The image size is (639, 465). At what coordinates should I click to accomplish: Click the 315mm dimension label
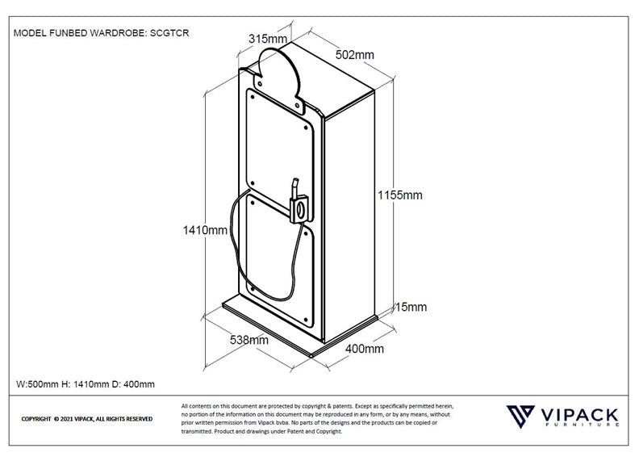[x=268, y=39]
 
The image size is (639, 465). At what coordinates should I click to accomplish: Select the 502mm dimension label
[x=355, y=55]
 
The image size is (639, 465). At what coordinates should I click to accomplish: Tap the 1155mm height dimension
[x=400, y=195]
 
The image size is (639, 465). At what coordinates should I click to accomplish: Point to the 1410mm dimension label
[x=204, y=230]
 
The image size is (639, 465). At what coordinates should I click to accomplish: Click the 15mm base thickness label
[x=410, y=307]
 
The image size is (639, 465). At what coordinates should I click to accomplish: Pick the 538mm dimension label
[x=249, y=340]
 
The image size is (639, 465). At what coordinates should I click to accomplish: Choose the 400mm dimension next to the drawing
[x=365, y=349]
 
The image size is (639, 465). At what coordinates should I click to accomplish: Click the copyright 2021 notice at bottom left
[x=86, y=419]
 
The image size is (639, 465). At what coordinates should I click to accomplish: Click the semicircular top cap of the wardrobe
[x=278, y=73]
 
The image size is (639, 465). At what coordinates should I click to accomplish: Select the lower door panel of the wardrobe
[x=274, y=250]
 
